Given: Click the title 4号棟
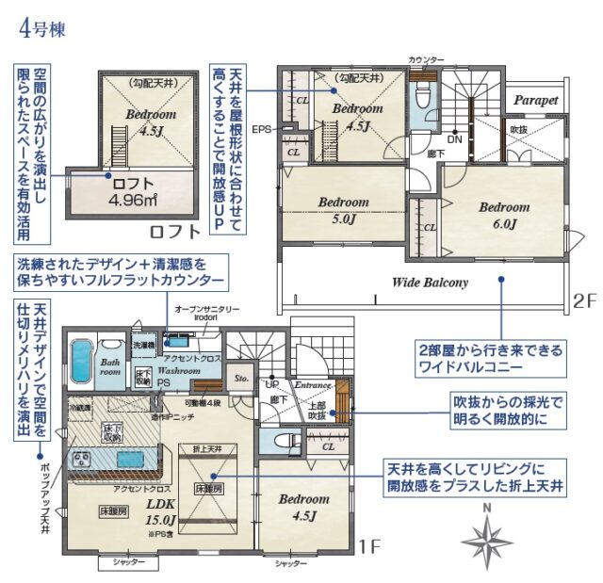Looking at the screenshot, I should point(44,25).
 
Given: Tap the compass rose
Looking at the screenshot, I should point(486,542).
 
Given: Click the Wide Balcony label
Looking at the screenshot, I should point(430,282).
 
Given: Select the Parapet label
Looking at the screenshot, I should point(536,100).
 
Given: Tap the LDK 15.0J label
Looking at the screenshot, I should point(161,510).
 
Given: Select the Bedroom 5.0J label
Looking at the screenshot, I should point(343,210).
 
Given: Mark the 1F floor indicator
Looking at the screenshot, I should point(368,545).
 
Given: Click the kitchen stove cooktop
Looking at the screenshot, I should point(78,459).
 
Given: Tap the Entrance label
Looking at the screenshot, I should point(313,386).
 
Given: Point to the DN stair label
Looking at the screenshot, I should point(454,138).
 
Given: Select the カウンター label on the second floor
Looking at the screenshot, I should point(425,60).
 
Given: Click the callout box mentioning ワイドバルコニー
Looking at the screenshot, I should point(491,359).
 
